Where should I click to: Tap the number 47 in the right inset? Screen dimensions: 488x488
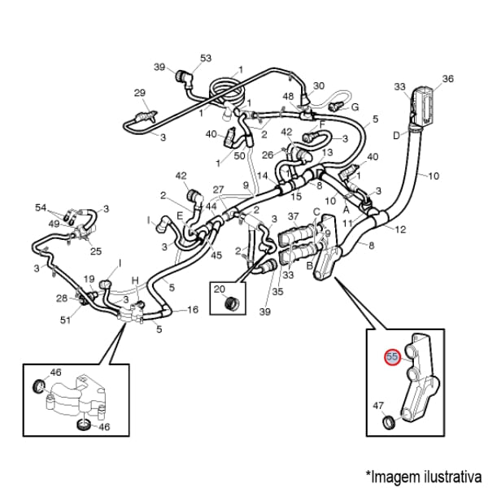(378, 405)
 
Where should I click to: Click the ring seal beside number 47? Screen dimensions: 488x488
(389, 422)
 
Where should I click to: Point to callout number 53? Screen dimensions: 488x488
(206, 58)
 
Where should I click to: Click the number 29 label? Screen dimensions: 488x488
(139, 93)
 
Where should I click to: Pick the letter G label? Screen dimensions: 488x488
(355, 107)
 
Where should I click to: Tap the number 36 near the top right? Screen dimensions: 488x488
(447, 79)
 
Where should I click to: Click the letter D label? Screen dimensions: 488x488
(397, 135)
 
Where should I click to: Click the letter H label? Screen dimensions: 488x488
(136, 281)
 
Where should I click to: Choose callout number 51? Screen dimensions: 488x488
(65, 320)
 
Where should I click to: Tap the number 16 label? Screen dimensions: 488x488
(193, 310)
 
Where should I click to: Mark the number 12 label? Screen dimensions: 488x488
(401, 230)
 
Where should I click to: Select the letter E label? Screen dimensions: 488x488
(180, 216)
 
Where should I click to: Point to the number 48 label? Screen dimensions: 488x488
(288, 97)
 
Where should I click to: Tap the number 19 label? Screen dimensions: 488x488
(89, 279)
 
